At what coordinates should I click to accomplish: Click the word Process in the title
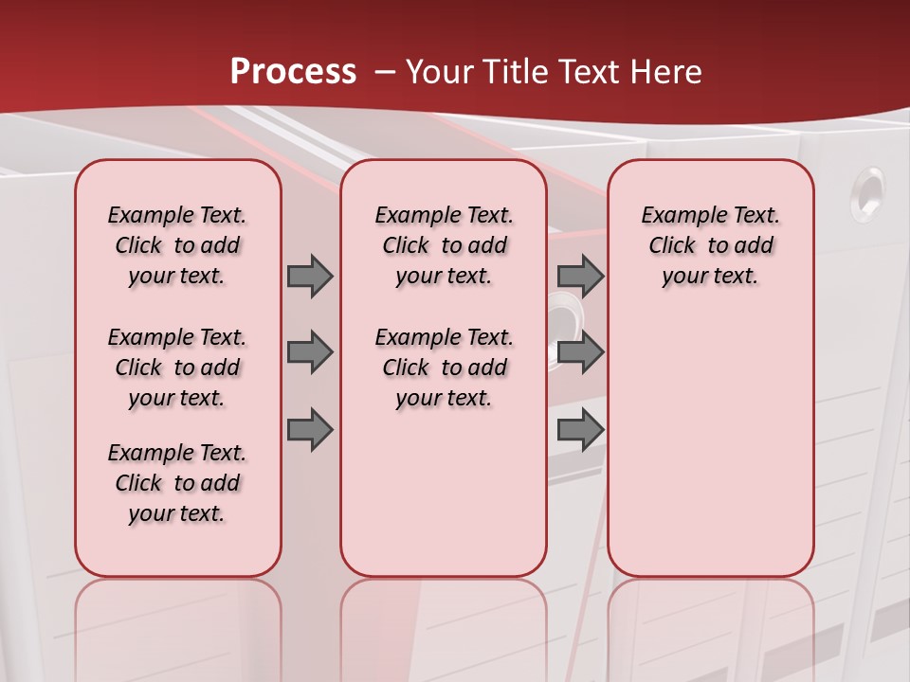point(293,72)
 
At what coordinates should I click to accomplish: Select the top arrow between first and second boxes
point(310,276)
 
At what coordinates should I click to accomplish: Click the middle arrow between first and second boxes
point(310,352)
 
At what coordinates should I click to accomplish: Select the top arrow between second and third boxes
point(580,276)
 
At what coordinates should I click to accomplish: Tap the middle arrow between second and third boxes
point(580,352)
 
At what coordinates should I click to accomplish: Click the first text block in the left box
point(177,245)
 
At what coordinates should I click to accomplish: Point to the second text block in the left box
point(177,368)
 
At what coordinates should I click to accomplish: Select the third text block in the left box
point(177,483)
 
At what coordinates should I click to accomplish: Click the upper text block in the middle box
point(444,245)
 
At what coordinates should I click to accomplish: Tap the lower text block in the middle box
point(444,368)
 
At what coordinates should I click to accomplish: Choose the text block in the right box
point(710,245)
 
